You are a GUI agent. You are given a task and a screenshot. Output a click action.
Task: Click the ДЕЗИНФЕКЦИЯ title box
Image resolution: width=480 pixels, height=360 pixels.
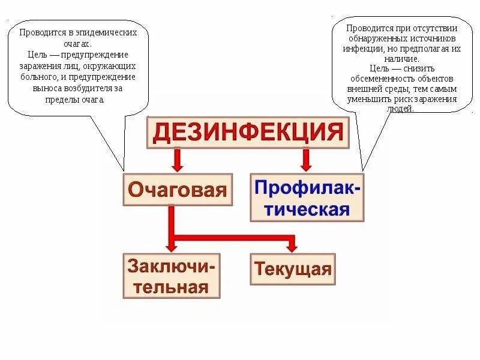[x=248, y=132]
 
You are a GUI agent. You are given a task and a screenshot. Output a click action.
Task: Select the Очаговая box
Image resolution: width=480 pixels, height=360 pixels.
[x=178, y=190]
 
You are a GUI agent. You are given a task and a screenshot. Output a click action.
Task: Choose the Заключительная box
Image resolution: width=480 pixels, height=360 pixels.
[x=172, y=275]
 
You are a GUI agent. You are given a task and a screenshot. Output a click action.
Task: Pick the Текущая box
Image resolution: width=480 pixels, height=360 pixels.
[x=292, y=268]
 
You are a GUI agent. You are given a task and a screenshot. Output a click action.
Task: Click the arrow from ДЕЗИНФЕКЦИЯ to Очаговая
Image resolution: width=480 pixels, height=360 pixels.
[x=177, y=159]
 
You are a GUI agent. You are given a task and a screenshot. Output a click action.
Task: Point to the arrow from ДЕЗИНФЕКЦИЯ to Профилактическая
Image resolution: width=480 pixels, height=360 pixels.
[x=306, y=159]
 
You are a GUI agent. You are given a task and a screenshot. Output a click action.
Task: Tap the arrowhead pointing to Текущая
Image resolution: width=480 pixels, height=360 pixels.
[x=292, y=246]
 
